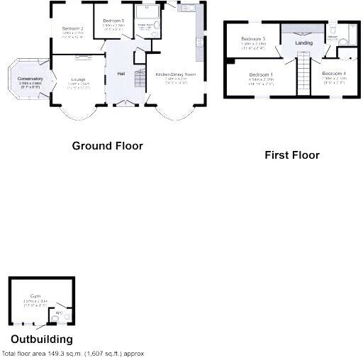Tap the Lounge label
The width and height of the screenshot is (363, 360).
78,79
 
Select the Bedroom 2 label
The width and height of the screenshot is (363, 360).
72,28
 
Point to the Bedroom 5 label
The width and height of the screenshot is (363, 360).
113,21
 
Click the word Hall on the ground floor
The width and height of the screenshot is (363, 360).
121,74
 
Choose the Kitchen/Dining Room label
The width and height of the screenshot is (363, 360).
170,74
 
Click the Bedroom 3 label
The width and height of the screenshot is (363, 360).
252,38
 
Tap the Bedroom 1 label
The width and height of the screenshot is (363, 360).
260,74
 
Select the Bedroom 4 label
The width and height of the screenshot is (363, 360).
333,74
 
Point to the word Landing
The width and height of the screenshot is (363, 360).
303,43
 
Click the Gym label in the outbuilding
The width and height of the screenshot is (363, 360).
35,296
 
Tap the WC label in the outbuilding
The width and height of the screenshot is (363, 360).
60,312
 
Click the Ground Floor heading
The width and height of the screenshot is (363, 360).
108,146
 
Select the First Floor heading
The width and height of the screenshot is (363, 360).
291,154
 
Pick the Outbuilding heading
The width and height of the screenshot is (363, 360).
41,339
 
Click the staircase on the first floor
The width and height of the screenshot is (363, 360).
303,74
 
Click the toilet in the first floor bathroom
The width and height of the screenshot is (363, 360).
334,30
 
